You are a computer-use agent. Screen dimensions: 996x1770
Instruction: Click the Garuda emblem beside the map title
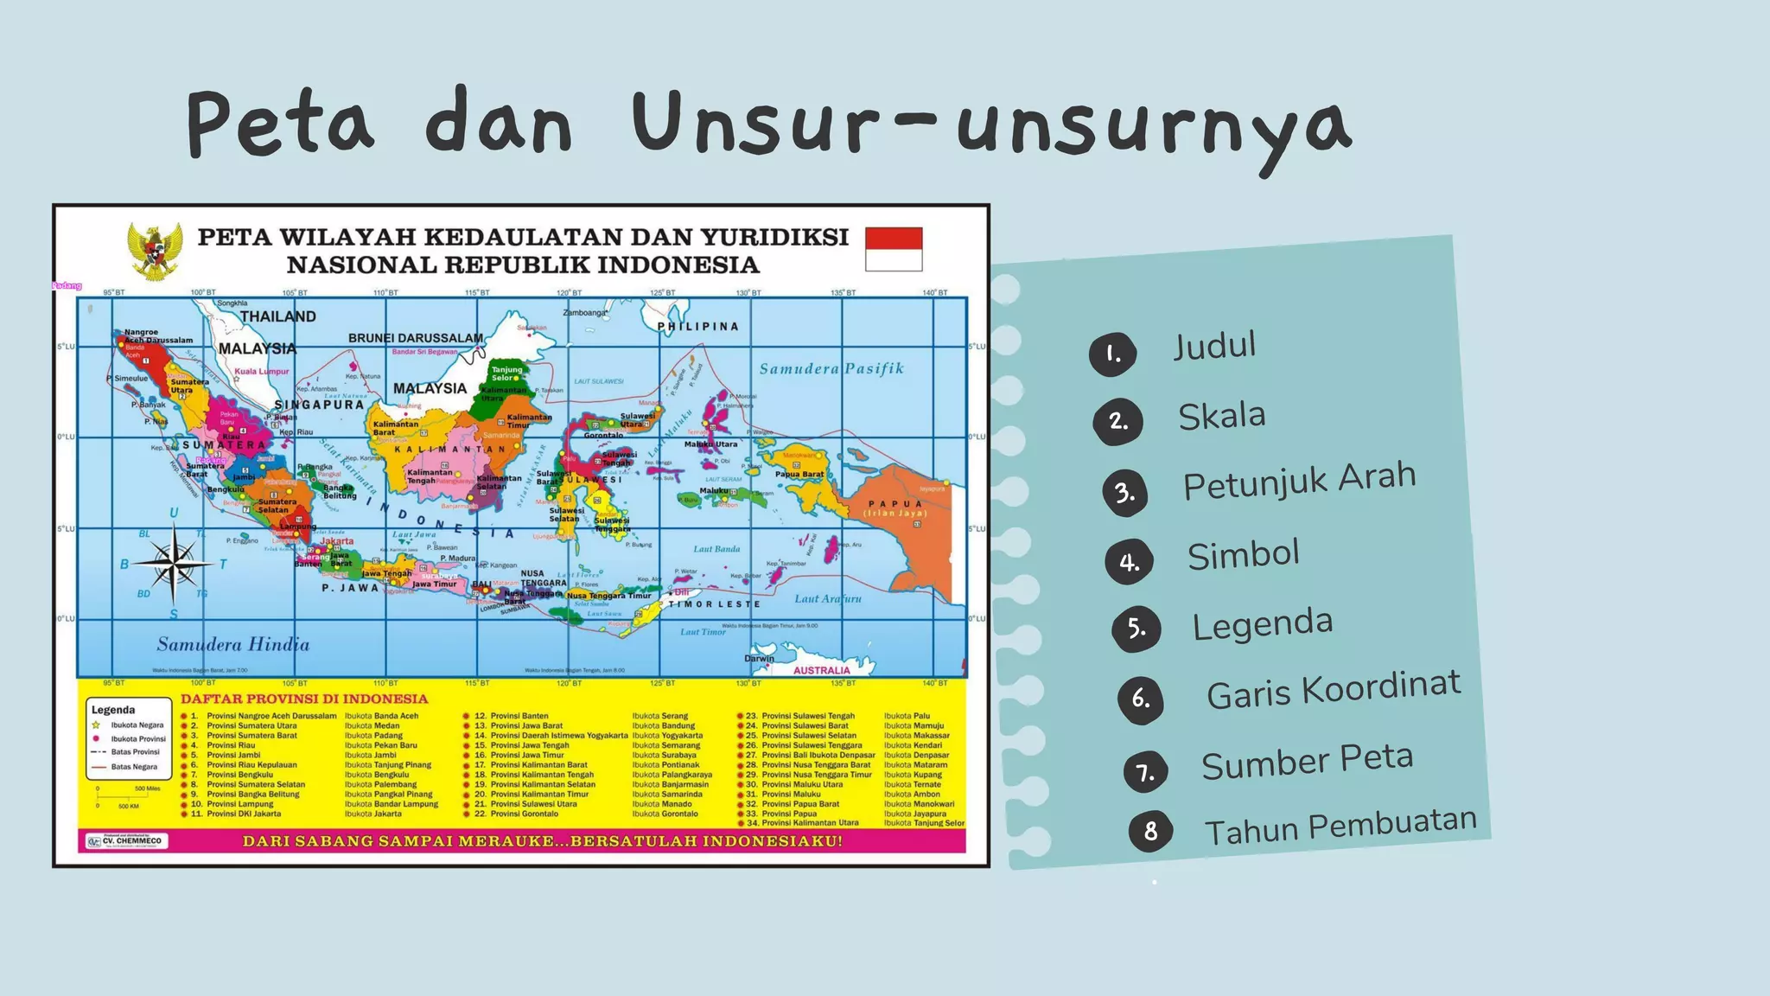point(155,251)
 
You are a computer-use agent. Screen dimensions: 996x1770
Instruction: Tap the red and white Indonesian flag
point(894,249)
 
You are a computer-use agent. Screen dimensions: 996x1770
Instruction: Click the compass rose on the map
point(174,564)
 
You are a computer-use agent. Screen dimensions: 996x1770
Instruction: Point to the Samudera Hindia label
point(232,644)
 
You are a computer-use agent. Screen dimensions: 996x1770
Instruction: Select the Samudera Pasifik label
point(831,369)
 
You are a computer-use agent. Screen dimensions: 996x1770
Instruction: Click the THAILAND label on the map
point(277,316)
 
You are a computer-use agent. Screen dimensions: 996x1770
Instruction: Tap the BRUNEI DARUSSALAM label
point(416,338)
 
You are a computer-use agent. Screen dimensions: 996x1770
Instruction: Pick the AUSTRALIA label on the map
point(821,670)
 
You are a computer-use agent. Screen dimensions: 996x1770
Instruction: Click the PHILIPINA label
point(698,327)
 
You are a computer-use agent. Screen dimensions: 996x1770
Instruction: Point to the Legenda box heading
point(113,710)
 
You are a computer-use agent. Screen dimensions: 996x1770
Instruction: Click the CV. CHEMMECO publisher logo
point(126,840)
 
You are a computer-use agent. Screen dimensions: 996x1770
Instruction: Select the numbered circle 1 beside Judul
point(1112,354)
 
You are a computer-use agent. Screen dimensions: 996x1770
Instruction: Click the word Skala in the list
point(1221,416)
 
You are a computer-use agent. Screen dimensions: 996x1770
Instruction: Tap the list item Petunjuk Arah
point(1299,480)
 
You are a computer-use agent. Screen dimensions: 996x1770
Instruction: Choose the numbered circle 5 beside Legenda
point(1136,629)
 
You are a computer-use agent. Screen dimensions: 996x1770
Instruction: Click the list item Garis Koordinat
point(1333,690)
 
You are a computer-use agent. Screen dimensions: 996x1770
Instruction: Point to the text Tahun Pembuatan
point(1340,827)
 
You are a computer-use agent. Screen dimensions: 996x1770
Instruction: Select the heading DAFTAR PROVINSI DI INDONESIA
point(304,699)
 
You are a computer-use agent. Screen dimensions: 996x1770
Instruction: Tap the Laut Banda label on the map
point(716,549)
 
